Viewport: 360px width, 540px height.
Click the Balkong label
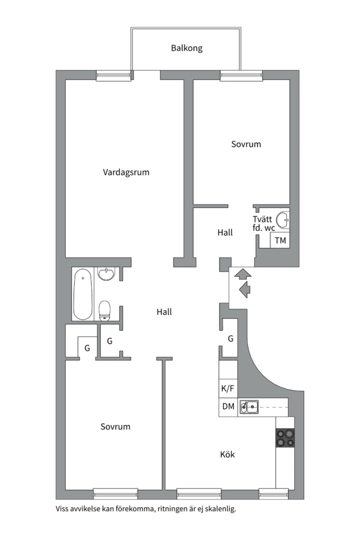(186, 48)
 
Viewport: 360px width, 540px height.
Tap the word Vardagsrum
(126, 172)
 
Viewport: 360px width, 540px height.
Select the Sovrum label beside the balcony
(246, 144)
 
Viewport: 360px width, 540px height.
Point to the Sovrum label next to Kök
(115, 426)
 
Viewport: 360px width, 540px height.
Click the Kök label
(227, 454)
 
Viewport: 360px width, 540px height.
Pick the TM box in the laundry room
(280, 240)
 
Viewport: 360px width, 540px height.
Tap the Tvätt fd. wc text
(263, 223)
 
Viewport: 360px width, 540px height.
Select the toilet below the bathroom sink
(104, 309)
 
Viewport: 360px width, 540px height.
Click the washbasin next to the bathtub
(106, 274)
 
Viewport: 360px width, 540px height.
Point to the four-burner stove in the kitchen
(285, 438)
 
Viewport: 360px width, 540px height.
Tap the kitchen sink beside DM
(249, 407)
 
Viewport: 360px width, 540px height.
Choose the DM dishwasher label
(228, 407)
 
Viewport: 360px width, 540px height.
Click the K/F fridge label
(227, 388)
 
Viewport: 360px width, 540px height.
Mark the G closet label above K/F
(230, 338)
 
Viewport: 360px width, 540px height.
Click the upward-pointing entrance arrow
(243, 273)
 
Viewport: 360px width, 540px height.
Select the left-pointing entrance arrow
(245, 289)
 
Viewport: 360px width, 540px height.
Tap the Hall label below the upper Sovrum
(225, 232)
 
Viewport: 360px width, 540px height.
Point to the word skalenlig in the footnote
(218, 509)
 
